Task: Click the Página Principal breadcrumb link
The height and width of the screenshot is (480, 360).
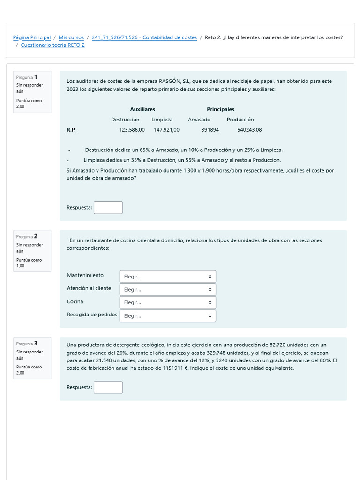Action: pyautogui.click(x=31, y=37)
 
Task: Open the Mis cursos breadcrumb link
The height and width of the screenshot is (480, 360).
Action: pyautogui.click(x=71, y=37)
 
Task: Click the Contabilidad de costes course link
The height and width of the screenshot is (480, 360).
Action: pyautogui.click(x=144, y=37)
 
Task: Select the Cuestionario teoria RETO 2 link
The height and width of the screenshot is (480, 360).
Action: pyautogui.click(x=53, y=45)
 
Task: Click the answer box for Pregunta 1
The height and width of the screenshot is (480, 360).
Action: pyautogui.click(x=108, y=208)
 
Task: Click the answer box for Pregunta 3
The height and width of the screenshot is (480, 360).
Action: pyautogui.click(x=108, y=387)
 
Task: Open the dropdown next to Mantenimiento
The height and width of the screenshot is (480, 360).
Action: pyautogui.click(x=168, y=277)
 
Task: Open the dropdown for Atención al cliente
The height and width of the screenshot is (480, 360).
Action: pyautogui.click(x=168, y=290)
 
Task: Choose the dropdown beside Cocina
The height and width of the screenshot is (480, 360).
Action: pyautogui.click(x=168, y=303)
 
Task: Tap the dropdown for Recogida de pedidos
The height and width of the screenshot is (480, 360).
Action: pyautogui.click(x=168, y=316)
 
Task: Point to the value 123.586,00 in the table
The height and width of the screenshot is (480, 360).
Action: pyautogui.click(x=132, y=130)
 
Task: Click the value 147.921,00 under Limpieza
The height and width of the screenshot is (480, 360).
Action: pyautogui.click(x=166, y=130)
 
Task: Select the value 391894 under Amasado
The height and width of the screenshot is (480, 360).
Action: pyautogui.click(x=210, y=130)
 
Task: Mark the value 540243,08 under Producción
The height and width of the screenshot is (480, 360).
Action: pyautogui.click(x=249, y=130)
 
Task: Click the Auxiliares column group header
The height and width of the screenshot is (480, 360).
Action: pyautogui.click(x=142, y=109)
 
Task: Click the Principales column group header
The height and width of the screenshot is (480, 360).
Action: pyautogui.click(x=220, y=109)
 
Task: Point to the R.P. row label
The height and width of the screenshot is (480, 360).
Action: pyautogui.click(x=71, y=130)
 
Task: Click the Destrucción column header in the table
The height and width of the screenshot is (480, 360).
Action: pyautogui.click(x=125, y=120)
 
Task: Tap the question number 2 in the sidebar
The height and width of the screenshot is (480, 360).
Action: pyautogui.click(x=36, y=236)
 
